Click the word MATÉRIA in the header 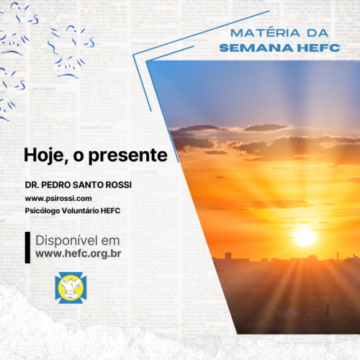pos(265,33)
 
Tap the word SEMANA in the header pos(256,48)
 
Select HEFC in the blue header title pos(319,48)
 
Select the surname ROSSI pos(119,185)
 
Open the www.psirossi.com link pos(58,199)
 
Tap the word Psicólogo pos(42,211)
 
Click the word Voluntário pos(80,211)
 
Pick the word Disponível pos(67,240)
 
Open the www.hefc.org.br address pos(78,253)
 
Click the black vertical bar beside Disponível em pos(27,248)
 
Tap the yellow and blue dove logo pos(71,287)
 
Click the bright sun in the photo pos(305,237)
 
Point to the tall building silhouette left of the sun pos(228,256)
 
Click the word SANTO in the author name pos(89,185)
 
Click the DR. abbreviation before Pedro pos(32,185)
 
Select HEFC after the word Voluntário pos(110,211)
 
